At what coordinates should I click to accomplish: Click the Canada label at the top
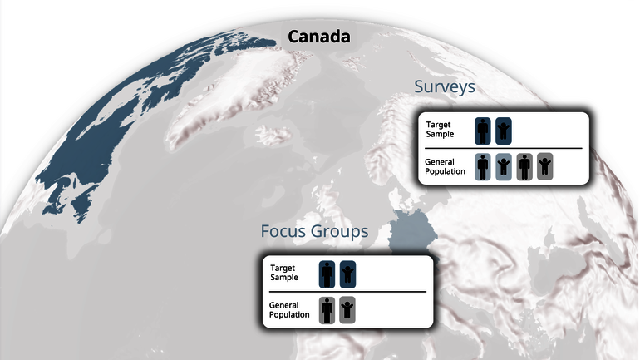tap(319, 37)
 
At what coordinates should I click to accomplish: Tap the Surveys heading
tap(445, 87)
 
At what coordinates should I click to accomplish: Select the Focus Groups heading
tap(314, 231)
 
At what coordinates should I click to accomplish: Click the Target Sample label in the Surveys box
tap(440, 130)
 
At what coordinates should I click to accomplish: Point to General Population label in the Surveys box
tap(445, 166)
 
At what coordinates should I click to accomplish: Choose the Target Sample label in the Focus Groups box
tap(283, 273)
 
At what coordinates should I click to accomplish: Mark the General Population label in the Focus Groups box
tap(289, 310)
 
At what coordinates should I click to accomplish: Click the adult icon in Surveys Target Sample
tap(483, 131)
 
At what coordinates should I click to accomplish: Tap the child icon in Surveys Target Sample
tap(503, 131)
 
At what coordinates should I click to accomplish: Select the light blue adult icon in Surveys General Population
tap(483, 166)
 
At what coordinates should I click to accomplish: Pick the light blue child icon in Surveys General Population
tap(503, 166)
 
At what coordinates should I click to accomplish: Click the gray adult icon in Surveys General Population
tap(524, 166)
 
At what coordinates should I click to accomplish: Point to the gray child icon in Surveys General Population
tap(545, 166)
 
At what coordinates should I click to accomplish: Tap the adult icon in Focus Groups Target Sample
tap(327, 274)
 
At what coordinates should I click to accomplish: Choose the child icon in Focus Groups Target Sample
tap(347, 274)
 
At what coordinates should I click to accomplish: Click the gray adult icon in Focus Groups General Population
tap(327, 310)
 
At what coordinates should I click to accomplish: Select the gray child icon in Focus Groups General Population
tap(347, 310)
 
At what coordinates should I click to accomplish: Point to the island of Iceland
tap(274, 135)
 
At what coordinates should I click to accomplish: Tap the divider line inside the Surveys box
tap(503, 149)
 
